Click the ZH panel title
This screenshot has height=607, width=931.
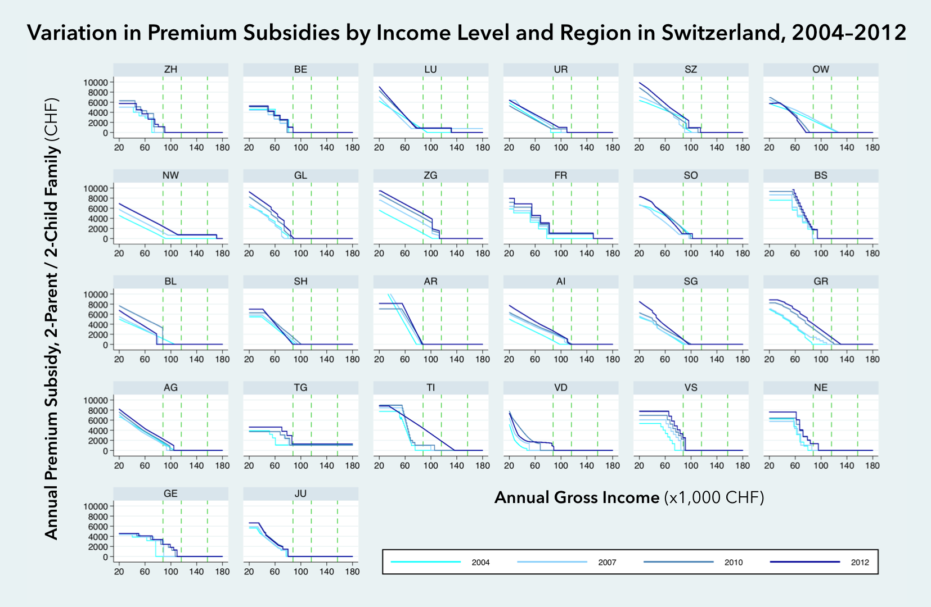170,70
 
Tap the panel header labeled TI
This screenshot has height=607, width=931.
430,388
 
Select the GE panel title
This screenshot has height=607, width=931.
170,494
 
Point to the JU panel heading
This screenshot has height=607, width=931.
300,494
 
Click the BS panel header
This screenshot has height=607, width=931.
821,176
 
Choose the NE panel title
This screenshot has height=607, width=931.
821,388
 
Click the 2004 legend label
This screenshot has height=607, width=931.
480,563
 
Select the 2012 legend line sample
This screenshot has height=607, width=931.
804,562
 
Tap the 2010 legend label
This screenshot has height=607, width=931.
734,563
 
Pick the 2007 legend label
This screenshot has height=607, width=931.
607,563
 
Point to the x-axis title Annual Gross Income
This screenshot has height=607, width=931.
577,497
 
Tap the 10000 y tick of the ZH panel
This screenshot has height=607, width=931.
96,83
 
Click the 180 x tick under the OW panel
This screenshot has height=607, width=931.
872,148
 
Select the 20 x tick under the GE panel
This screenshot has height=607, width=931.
119,572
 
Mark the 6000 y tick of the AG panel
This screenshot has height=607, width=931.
99,420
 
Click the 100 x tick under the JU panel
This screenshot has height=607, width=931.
300,572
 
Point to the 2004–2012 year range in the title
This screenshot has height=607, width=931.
849,33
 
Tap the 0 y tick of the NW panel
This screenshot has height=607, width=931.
105,239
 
